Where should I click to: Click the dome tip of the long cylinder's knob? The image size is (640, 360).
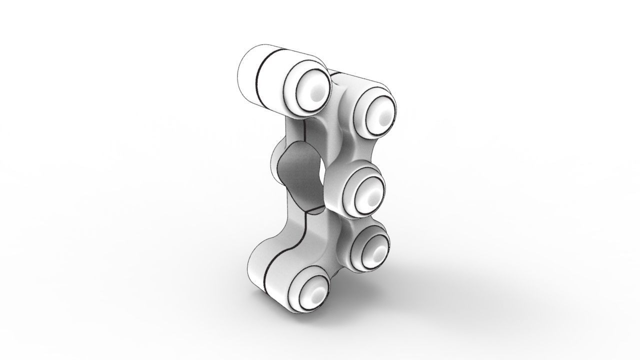[317, 92]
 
